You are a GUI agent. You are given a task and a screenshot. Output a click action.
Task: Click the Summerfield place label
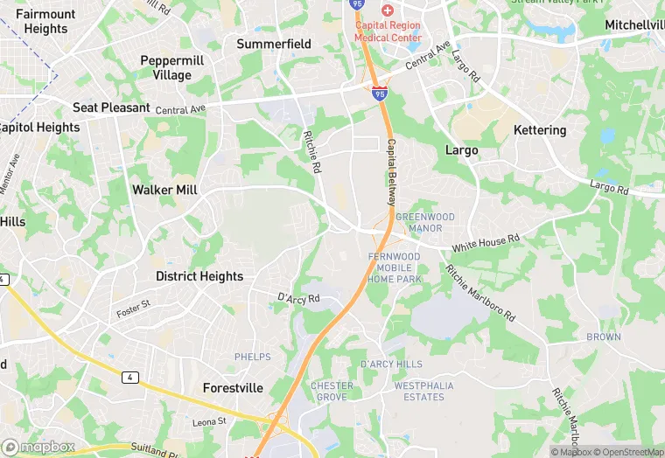tap(274, 43)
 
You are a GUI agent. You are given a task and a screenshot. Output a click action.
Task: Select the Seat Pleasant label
tap(112, 108)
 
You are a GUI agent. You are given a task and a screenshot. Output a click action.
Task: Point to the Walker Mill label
tap(164, 190)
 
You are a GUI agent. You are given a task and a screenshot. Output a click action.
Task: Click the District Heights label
tap(199, 276)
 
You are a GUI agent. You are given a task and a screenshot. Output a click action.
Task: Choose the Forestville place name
tap(232, 387)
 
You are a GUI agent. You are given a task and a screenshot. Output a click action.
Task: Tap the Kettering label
tap(541, 130)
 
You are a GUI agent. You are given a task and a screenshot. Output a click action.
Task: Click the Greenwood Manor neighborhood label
tap(419, 222)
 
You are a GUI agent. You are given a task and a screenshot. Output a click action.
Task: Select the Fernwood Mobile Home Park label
tap(395, 267)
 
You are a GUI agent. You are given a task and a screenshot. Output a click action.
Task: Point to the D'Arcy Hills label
tap(391, 364)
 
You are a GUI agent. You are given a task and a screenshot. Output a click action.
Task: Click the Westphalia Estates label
tap(418, 391)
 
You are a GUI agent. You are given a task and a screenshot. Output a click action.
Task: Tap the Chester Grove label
tap(332, 391)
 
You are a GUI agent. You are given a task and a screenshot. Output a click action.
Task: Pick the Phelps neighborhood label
tap(253, 357)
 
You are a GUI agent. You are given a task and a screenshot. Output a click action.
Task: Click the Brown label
tap(604, 337)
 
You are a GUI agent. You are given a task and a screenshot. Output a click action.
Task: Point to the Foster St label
tap(134, 309)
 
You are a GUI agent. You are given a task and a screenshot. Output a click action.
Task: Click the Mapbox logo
tap(39, 447)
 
